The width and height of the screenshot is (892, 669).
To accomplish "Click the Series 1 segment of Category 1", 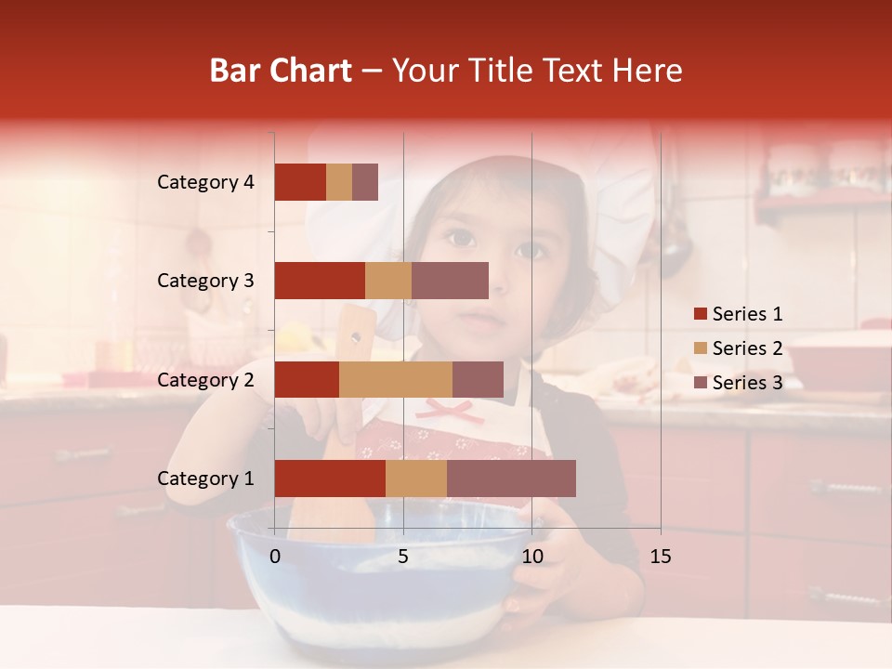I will coord(330,479).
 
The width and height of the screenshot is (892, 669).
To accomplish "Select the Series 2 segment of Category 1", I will coord(416,479).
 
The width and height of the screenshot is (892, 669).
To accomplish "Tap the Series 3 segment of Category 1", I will coord(511,479).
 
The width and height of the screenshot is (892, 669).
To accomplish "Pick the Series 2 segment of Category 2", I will coord(396,379).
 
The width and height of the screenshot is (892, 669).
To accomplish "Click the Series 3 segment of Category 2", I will coord(478,379).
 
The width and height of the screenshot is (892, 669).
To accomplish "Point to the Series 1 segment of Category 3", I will coord(320,281).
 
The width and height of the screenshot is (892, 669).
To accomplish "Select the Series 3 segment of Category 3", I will coord(450,281).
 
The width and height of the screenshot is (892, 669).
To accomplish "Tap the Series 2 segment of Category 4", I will coord(339,182).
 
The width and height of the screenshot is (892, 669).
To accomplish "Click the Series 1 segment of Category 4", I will coord(300,182).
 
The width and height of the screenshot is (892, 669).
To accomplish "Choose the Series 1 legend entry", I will coord(739,314).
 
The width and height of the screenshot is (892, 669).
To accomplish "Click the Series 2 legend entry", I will coord(739,348).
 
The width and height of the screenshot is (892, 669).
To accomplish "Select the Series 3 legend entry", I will coord(739,383).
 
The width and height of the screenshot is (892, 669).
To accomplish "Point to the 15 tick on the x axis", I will coord(661,557).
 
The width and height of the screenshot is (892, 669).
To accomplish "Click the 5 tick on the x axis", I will coord(403,557).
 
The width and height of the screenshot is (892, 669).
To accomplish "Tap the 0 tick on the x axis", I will coord(275,557).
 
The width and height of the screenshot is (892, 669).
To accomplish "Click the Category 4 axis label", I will coord(205,182).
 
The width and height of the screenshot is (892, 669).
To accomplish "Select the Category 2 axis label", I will coord(205,379).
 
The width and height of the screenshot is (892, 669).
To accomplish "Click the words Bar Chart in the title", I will coord(281,71).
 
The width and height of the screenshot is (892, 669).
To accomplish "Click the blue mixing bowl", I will coord(372,595).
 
